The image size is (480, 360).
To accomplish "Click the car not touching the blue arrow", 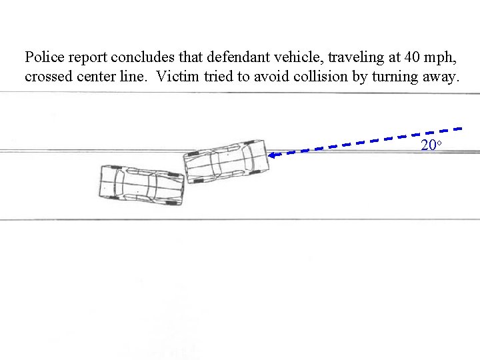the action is (x=141, y=183).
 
